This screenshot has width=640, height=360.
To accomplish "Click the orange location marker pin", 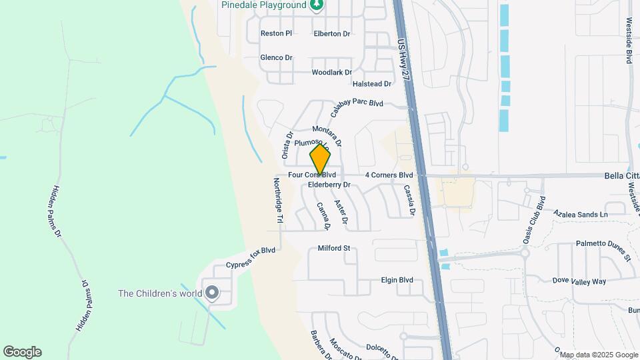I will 320,159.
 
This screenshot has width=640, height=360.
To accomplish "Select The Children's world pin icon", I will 213,293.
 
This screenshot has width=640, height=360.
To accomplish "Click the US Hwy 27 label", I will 403,60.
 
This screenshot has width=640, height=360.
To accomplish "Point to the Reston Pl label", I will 276,33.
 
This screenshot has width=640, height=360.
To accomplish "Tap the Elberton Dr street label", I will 331,34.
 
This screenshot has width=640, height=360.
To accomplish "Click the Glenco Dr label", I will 276,58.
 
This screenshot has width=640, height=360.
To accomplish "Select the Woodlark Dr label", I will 331,72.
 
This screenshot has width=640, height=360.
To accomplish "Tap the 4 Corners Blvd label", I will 389,175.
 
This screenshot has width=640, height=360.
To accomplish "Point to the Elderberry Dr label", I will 329,185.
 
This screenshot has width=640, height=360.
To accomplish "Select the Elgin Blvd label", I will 397,280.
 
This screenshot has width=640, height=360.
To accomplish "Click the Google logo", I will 22,351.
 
